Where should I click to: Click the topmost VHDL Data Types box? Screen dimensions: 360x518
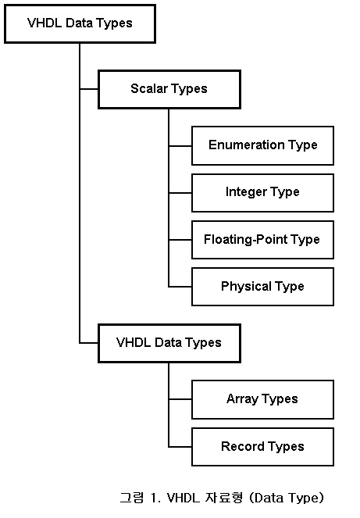[x=80, y=23]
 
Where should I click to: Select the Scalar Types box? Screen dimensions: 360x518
[x=169, y=89]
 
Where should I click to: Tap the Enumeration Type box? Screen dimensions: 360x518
[x=263, y=145]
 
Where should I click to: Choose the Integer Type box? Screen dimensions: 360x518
[x=263, y=193]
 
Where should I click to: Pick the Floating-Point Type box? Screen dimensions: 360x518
[x=263, y=240]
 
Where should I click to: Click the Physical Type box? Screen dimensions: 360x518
[x=263, y=287]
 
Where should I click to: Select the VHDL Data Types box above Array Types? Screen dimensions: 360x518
[x=169, y=343]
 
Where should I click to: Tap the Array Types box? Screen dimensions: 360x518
[x=263, y=399]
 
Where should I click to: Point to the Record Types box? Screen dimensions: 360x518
[x=263, y=447]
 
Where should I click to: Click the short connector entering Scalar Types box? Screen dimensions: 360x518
[x=89, y=89]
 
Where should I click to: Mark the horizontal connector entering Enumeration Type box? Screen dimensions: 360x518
[x=180, y=145]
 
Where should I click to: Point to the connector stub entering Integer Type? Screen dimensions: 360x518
[x=180, y=193]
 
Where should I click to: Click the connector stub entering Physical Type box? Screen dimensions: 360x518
[x=180, y=287]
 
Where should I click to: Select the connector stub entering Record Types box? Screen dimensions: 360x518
[x=180, y=447]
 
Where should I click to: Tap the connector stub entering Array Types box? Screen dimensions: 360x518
[x=180, y=399]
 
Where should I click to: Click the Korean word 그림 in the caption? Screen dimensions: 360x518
[x=132, y=498]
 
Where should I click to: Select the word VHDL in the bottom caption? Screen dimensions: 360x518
[x=184, y=498]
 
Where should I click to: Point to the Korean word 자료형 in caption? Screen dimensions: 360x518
[x=224, y=498]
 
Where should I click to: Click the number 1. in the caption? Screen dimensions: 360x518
[x=155, y=498]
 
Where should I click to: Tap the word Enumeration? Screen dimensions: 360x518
[x=247, y=145]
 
